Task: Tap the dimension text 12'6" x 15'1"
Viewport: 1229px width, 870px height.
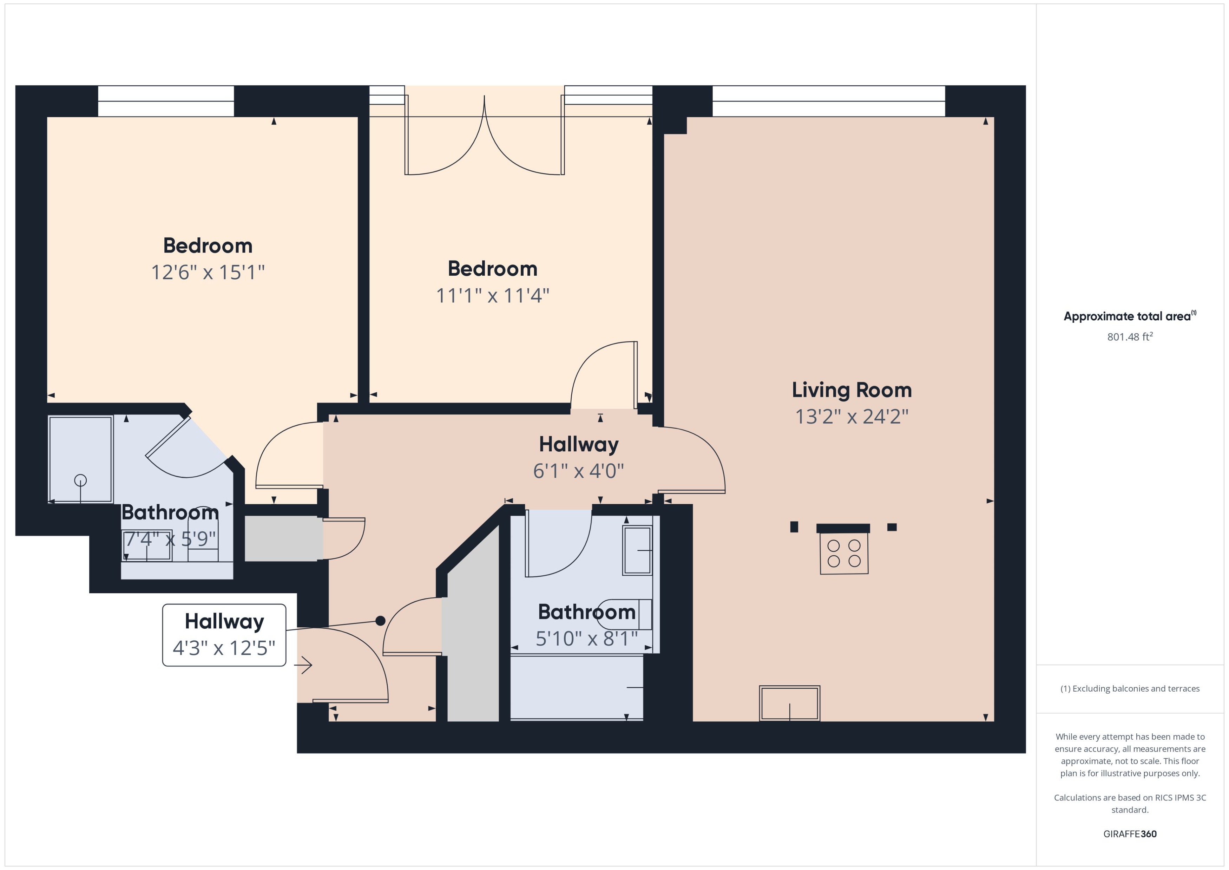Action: tap(208, 273)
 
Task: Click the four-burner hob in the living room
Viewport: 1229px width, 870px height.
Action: tap(843, 554)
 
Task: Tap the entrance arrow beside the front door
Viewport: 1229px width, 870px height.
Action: tap(304, 665)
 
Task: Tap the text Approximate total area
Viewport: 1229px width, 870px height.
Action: tap(1127, 316)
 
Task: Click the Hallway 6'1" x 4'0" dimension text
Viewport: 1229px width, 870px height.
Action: tap(578, 471)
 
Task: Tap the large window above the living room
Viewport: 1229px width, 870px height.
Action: tap(828, 101)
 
